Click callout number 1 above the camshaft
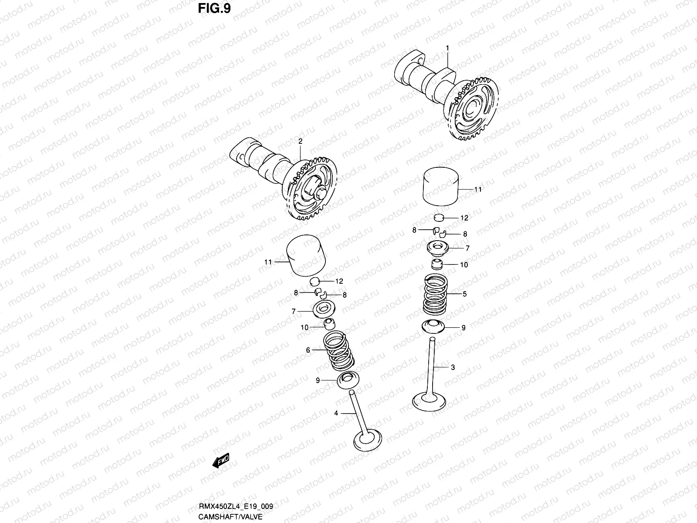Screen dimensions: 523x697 447,47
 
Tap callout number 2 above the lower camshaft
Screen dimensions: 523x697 300,141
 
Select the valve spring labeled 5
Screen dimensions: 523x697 436,295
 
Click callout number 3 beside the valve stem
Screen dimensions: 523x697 453,367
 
